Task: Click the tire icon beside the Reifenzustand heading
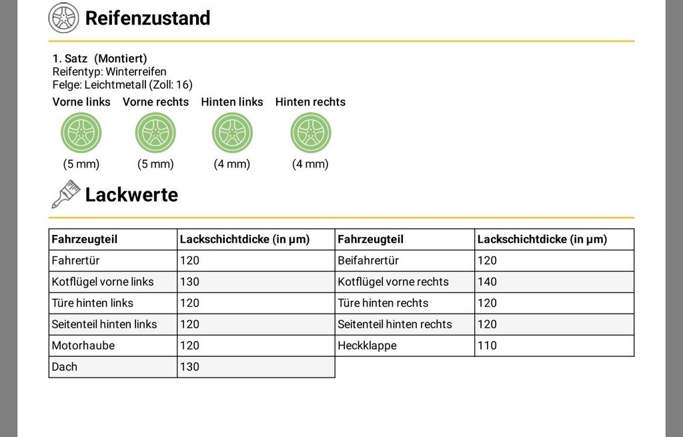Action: pos(63,18)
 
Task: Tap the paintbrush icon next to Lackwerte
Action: pos(66,194)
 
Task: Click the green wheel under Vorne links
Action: pos(81,133)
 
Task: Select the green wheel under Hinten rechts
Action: pos(311,133)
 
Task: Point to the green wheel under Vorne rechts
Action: pos(155,133)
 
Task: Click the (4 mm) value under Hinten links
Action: pos(231,164)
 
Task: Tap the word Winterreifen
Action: pos(136,71)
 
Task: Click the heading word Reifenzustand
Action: pos(147,18)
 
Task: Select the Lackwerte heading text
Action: pos(131,195)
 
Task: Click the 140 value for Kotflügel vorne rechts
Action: pos(487,282)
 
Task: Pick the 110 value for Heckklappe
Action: pos(487,346)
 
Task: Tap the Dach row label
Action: pos(65,367)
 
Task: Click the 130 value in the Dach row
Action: pos(189,367)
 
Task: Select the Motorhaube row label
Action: pos(83,346)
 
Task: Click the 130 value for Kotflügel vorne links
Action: pos(189,282)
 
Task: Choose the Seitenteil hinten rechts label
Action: pos(395,324)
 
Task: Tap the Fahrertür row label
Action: pos(76,261)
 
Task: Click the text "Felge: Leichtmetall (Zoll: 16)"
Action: pos(123,85)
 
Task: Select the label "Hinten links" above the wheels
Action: pos(232,102)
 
